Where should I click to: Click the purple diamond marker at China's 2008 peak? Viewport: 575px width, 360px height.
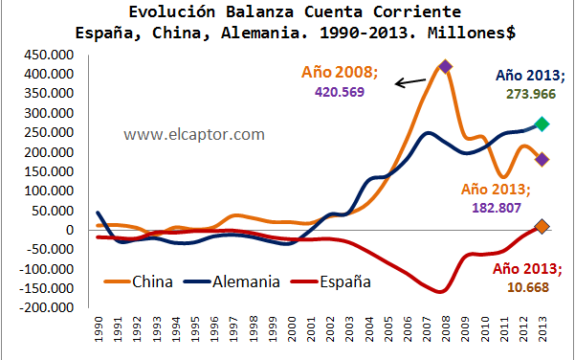pyautogui.click(x=445, y=66)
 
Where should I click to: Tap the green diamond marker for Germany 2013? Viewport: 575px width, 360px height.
pyautogui.click(x=542, y=124)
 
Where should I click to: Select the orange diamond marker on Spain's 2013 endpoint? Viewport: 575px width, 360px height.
pyautogui.click(x=542, y=226)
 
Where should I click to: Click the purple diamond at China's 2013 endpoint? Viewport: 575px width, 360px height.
pyautogui.click(x=542, y=159)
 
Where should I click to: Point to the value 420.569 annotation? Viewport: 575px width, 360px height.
pyautogui.click(x=340, y=89)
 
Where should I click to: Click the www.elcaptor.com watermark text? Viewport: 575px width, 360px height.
pyautogui.click(x=194, y=135)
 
